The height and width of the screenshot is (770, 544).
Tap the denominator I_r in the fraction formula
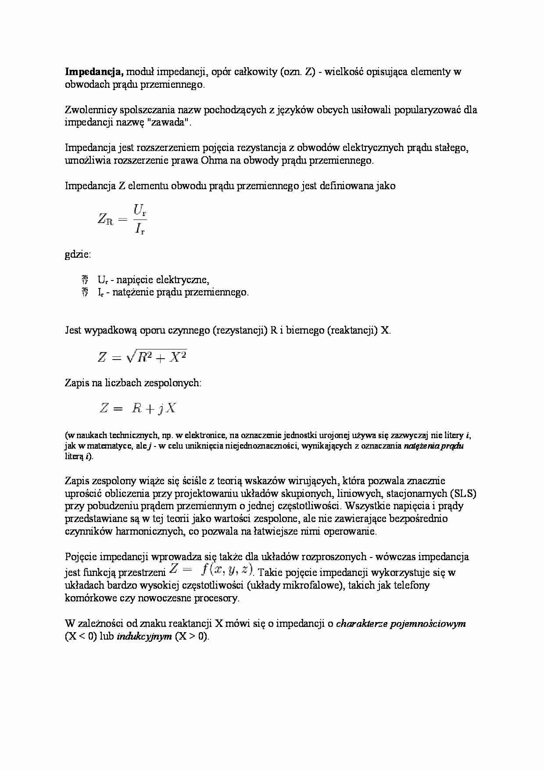(x=140, y=228)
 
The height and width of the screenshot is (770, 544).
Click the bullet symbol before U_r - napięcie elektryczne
(x=85, y=280)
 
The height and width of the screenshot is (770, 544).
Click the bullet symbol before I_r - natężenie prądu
(x=85, y=292)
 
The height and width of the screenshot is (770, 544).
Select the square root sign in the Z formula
(x=130, y=357)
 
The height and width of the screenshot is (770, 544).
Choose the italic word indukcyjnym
(x=144, y=637)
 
